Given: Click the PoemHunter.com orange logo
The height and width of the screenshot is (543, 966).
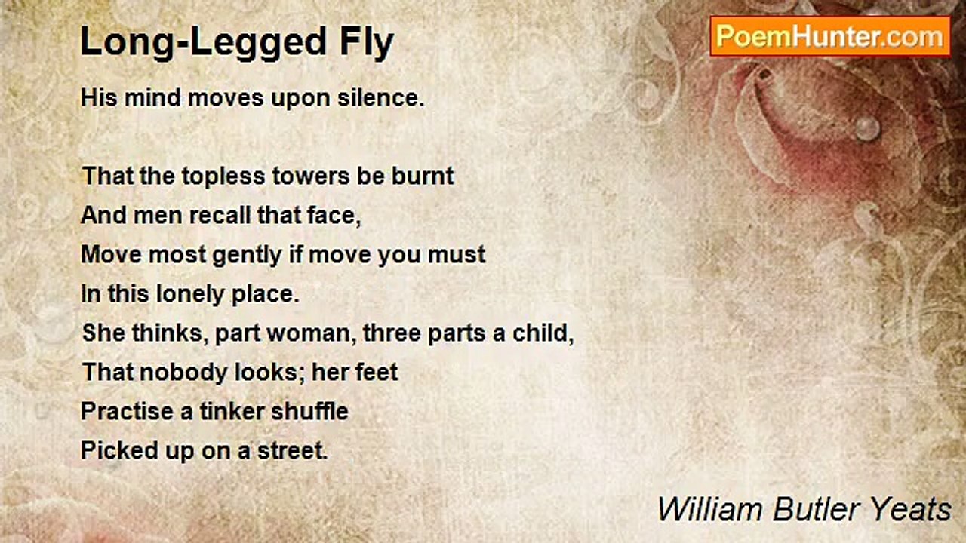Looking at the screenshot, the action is (x=830, y=36).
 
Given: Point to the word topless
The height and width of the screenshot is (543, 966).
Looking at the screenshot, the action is (x=223, y=177).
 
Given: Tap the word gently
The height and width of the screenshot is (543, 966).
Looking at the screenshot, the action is (x=247, y=256).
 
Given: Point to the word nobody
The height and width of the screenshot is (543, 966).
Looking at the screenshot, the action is (x=183, y=373).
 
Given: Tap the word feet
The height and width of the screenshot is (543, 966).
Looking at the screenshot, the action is (x=376, y=372).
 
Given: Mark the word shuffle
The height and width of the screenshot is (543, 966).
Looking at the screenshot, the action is (x=309, y=411).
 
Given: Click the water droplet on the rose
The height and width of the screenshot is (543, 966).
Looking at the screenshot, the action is (x=867, y=128).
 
